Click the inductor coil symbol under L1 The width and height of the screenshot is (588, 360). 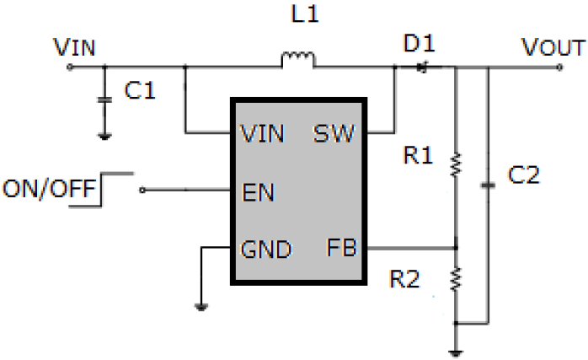[297, 59]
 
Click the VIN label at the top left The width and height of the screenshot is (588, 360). [74, 47]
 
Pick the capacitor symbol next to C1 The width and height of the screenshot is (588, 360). [104, 99]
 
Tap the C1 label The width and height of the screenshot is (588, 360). [139, 92]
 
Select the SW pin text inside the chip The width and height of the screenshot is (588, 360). [334, 133]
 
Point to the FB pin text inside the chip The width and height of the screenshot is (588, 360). [341, 248]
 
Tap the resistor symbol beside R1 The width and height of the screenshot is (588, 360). [456, 164]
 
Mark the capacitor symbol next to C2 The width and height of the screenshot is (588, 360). [488, 184]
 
